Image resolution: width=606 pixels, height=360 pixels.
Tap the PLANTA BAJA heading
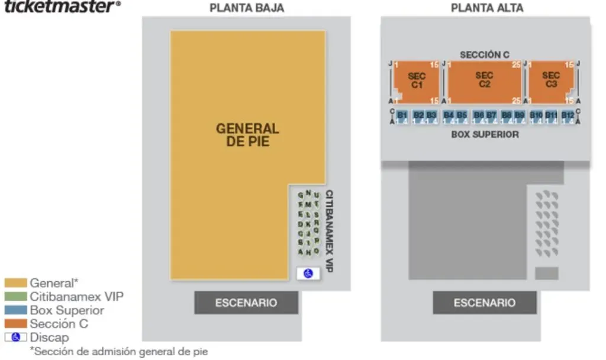(x=246, y=8)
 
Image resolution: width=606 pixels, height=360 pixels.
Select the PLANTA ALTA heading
(x=486, y=8)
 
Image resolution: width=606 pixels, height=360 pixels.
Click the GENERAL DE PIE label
(x=247, y=135)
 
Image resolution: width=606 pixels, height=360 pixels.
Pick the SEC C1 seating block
(x=417, y=81)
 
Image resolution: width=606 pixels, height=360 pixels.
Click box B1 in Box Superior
(x=402, y=116)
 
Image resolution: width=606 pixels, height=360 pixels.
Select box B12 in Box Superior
(x=568, y=116)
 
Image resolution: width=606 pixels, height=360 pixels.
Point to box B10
(x=536, y=116)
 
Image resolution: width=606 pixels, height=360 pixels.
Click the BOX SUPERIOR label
(x=485, y=134)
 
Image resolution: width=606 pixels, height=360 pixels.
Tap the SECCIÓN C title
(x=485, y=54)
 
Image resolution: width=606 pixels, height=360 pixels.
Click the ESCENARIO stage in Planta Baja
(x=246, y=303)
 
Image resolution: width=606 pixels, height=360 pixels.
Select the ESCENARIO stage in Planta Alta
(x=485, y=303)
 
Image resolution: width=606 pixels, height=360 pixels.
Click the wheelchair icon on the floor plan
(x=308, y=273)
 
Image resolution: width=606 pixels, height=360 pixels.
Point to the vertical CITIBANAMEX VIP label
(x=329, y=231)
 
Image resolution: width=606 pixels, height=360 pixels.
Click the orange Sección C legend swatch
(x=15, y=324)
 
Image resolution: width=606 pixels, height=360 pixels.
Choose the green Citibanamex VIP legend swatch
(x=15, y=297)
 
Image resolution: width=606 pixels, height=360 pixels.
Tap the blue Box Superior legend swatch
(x=15, y=310)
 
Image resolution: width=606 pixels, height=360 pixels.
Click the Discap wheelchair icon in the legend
(x=15, y=337)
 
